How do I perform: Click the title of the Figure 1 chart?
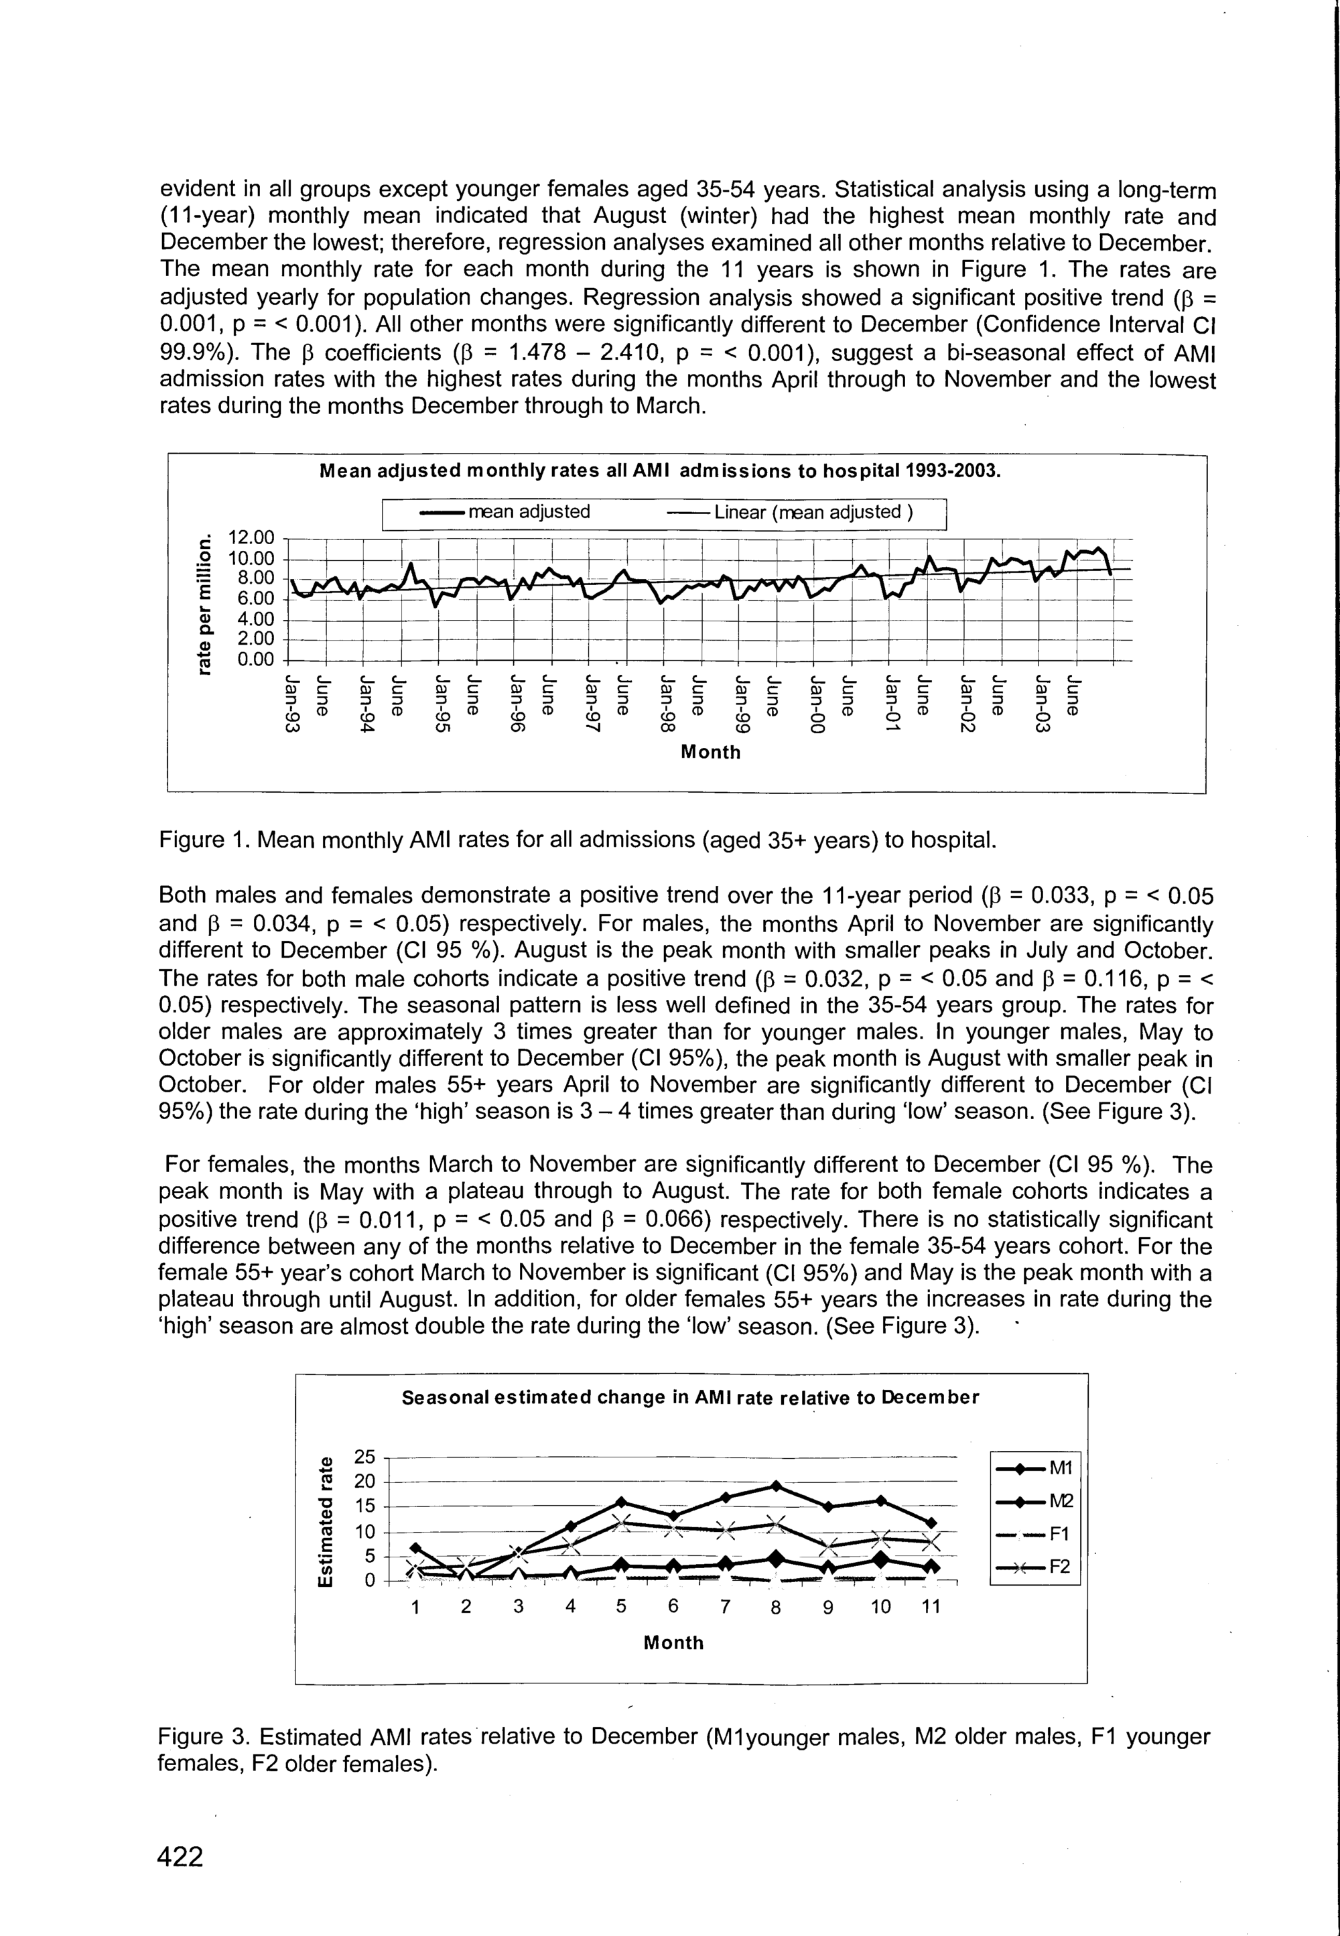coord(661,470)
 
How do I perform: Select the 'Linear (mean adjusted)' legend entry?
coord(790,512)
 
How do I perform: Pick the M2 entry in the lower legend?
coord(1038,1500)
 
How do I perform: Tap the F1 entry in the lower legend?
coord(1038,1534)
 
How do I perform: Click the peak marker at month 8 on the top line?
coord(776,1486)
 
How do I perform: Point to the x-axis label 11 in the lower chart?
coord(931,1607)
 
